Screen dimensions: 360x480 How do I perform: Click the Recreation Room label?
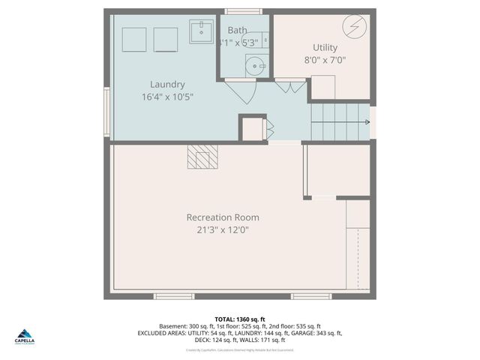tap(223, 217)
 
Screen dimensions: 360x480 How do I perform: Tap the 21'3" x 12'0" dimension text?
tap(223, 230)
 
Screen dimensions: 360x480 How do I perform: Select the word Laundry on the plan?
tap(166, 85)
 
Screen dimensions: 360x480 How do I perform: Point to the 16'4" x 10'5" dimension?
tap(166, 97)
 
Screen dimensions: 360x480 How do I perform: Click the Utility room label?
tap(325, 47)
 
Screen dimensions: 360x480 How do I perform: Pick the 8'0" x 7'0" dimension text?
tap(325, 60)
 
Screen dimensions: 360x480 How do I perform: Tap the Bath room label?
tap(237, 31)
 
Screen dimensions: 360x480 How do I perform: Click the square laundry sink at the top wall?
tap(201, 32)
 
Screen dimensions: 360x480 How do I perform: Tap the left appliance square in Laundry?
tap(134, 39)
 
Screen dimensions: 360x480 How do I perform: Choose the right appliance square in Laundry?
tap(165, 39)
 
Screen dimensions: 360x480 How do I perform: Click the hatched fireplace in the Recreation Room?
tap(202, 156)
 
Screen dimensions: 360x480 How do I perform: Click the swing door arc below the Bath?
tap(241, 91)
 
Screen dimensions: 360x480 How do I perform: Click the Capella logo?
tap(25, 336)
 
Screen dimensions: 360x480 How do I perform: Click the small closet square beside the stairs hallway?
tap(252, 128)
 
